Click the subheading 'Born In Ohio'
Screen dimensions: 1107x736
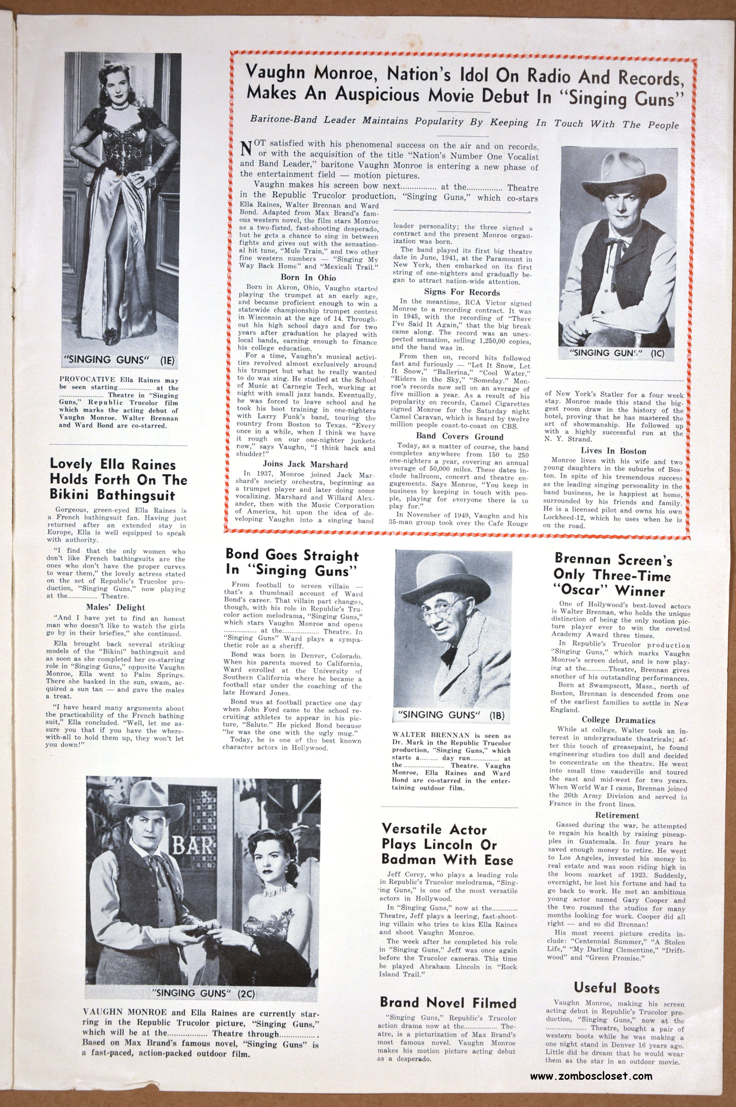tap(308, 277)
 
